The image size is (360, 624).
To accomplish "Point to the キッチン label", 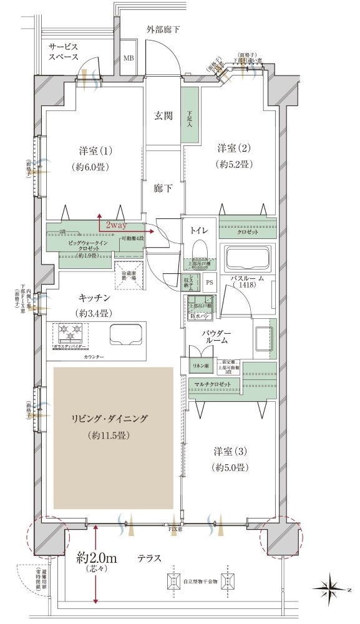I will click(x=95, y=299).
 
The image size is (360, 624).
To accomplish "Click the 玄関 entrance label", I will click(x=163, y=115).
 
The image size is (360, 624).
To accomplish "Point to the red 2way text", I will click(x=116, y=224).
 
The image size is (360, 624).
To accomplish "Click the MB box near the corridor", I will click(x=129, y=59).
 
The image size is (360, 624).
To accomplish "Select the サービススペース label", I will click(x=65, y=51).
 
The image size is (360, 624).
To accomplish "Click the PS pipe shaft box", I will click(x=209, y=281).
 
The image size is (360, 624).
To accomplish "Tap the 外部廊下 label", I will click(x=163, y=29).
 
